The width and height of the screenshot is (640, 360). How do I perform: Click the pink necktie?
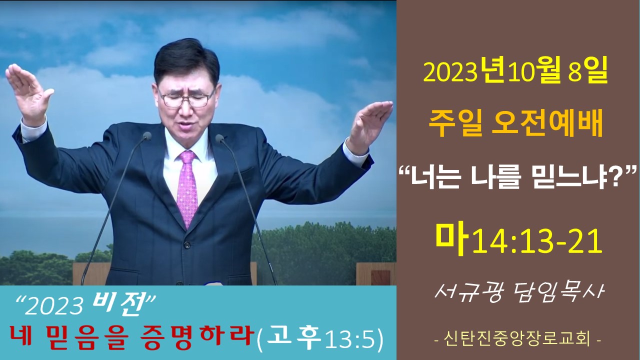tap(187, 188)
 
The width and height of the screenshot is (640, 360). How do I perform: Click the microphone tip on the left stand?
tap(147, 136)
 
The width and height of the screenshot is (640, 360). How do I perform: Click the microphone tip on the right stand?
tap(219, 138)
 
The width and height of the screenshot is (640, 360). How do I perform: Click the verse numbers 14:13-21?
tap(537, 242)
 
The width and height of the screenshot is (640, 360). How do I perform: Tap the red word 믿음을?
tap(85, 337)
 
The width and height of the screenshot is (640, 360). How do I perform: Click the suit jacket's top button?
tap(187, 245)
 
